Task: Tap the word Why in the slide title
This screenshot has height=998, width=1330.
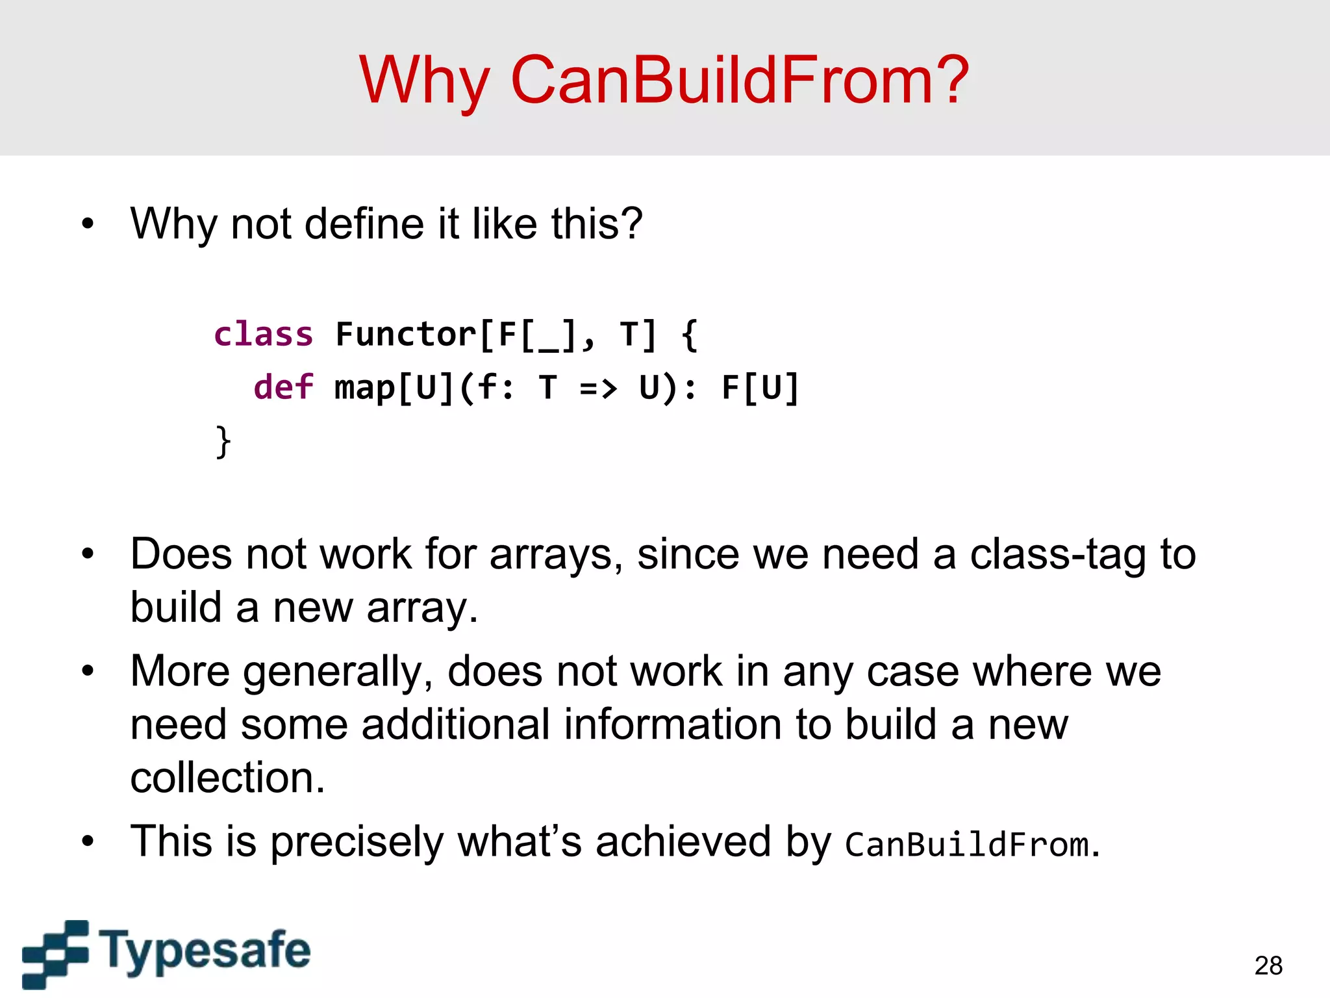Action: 424,81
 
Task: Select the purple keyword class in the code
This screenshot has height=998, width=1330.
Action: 264,335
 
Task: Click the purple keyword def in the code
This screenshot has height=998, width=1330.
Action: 283,387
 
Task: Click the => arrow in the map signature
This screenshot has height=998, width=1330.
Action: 597,389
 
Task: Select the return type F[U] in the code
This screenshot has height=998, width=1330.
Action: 760,389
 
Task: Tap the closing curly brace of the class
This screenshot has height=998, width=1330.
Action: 223,442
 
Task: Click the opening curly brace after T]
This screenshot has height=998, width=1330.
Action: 690,335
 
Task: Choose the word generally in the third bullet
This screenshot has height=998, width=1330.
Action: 338,672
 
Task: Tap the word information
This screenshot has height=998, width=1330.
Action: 672,724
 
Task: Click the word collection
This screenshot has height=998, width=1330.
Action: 227,778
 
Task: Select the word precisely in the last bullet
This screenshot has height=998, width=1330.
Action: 357,842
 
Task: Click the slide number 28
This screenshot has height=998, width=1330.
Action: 1268,966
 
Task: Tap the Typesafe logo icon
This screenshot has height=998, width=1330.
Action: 55,953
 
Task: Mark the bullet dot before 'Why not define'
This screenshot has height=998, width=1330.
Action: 88,225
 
